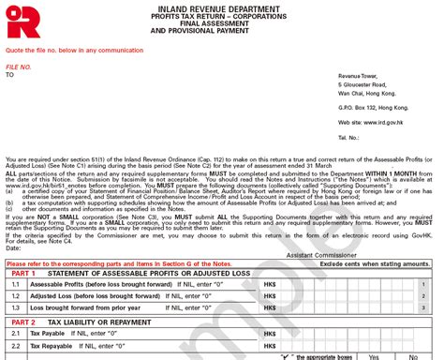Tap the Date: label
13,247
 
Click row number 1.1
15,284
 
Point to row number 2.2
15,344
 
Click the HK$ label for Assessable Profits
271,284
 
